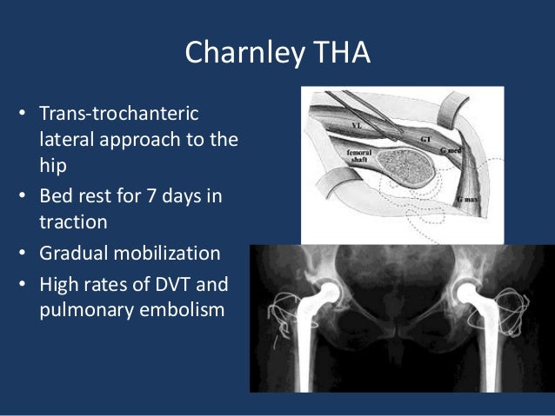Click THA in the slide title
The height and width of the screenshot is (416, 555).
[340, 53]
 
